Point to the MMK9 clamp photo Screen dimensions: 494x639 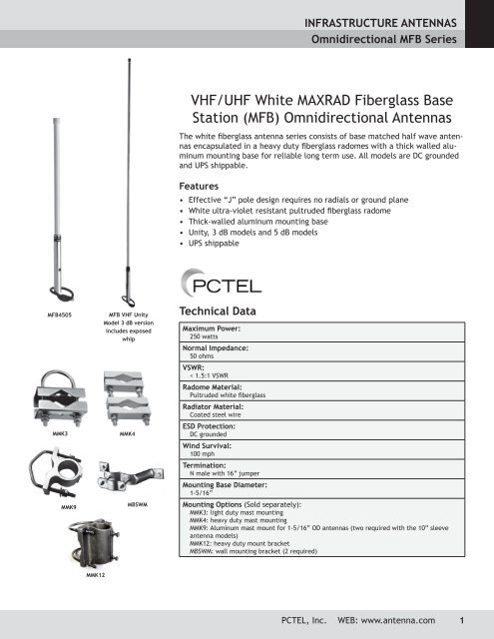[x=50, y=480]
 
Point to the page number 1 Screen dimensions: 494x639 [x=462, y=620]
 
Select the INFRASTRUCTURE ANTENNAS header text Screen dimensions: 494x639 [x=388, y=19]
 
